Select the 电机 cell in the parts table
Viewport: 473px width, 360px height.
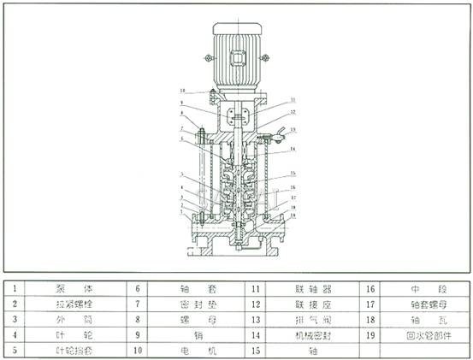pos(185,351)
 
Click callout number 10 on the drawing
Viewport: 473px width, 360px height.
pos(182,90)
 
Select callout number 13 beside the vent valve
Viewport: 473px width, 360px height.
pos(293,130)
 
